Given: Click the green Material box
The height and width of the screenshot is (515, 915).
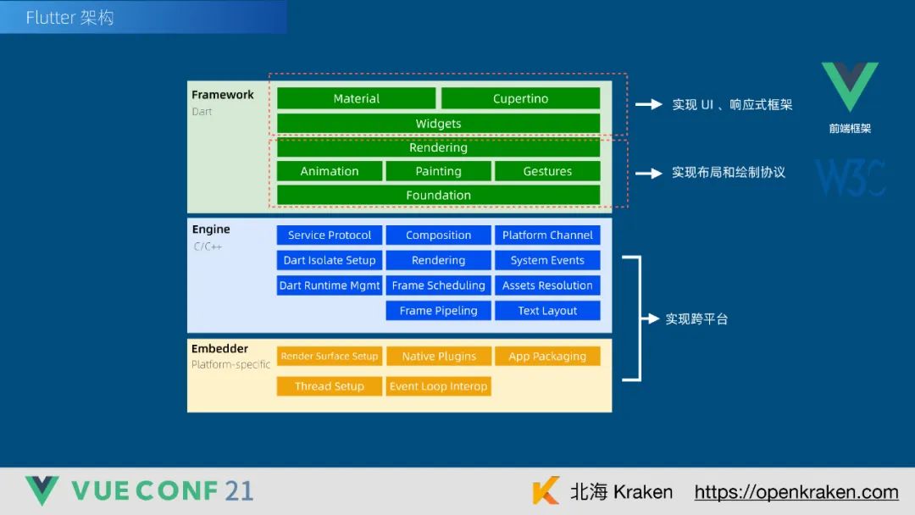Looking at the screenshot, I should click(357, 98).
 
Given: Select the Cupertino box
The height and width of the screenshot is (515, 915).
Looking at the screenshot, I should click(520, 98).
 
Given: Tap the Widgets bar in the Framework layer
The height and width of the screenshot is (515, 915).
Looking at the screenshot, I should click(438, 124).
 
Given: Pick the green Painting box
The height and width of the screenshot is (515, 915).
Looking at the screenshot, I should click(438, 171).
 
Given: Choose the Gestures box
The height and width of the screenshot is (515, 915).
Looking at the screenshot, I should click(547, 171).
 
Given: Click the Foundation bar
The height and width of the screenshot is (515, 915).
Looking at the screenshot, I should click(438, 195).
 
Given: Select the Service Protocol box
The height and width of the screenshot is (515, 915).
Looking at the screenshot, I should click(330, 235).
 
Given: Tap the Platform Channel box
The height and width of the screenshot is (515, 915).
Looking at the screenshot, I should click(547, 235).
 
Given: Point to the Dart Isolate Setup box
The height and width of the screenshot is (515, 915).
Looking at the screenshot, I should click(330, 260).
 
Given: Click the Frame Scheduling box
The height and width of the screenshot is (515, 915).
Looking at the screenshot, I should click(438, 285).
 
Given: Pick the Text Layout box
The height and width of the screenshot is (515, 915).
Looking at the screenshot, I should click(547, 311).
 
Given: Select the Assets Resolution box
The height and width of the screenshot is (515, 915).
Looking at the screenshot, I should click(547, 285).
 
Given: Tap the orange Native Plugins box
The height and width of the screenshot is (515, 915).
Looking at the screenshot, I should click(438, 357).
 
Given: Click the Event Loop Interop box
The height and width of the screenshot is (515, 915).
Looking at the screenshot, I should click(438, 386).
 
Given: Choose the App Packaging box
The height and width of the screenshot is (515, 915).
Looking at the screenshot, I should click(547, 357).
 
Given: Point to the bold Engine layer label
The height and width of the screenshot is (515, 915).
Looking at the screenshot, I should click(211, 230).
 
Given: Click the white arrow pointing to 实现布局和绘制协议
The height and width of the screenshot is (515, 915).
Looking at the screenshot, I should click(649, 173).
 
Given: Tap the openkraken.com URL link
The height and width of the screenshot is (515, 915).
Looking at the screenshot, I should click(796, 492).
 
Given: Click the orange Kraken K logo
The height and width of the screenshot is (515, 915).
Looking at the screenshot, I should click(546, 491).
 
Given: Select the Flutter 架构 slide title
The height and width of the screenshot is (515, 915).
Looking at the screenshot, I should click(69, 18).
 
